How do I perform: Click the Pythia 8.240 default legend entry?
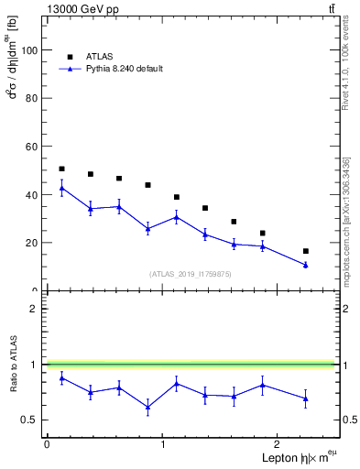point(123,69)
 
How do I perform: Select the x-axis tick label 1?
point(163,444)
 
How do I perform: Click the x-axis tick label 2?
point(279,444)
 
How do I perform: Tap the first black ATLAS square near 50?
point(61,169)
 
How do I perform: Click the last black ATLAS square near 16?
point(305,251)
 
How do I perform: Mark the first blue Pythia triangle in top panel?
point(61,187)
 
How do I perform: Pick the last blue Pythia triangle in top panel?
point(305,265)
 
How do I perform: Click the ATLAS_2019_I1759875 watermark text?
point(190,273)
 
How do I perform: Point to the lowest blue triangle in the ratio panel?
point(148,408)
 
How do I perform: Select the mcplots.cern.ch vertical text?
point(345,220)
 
